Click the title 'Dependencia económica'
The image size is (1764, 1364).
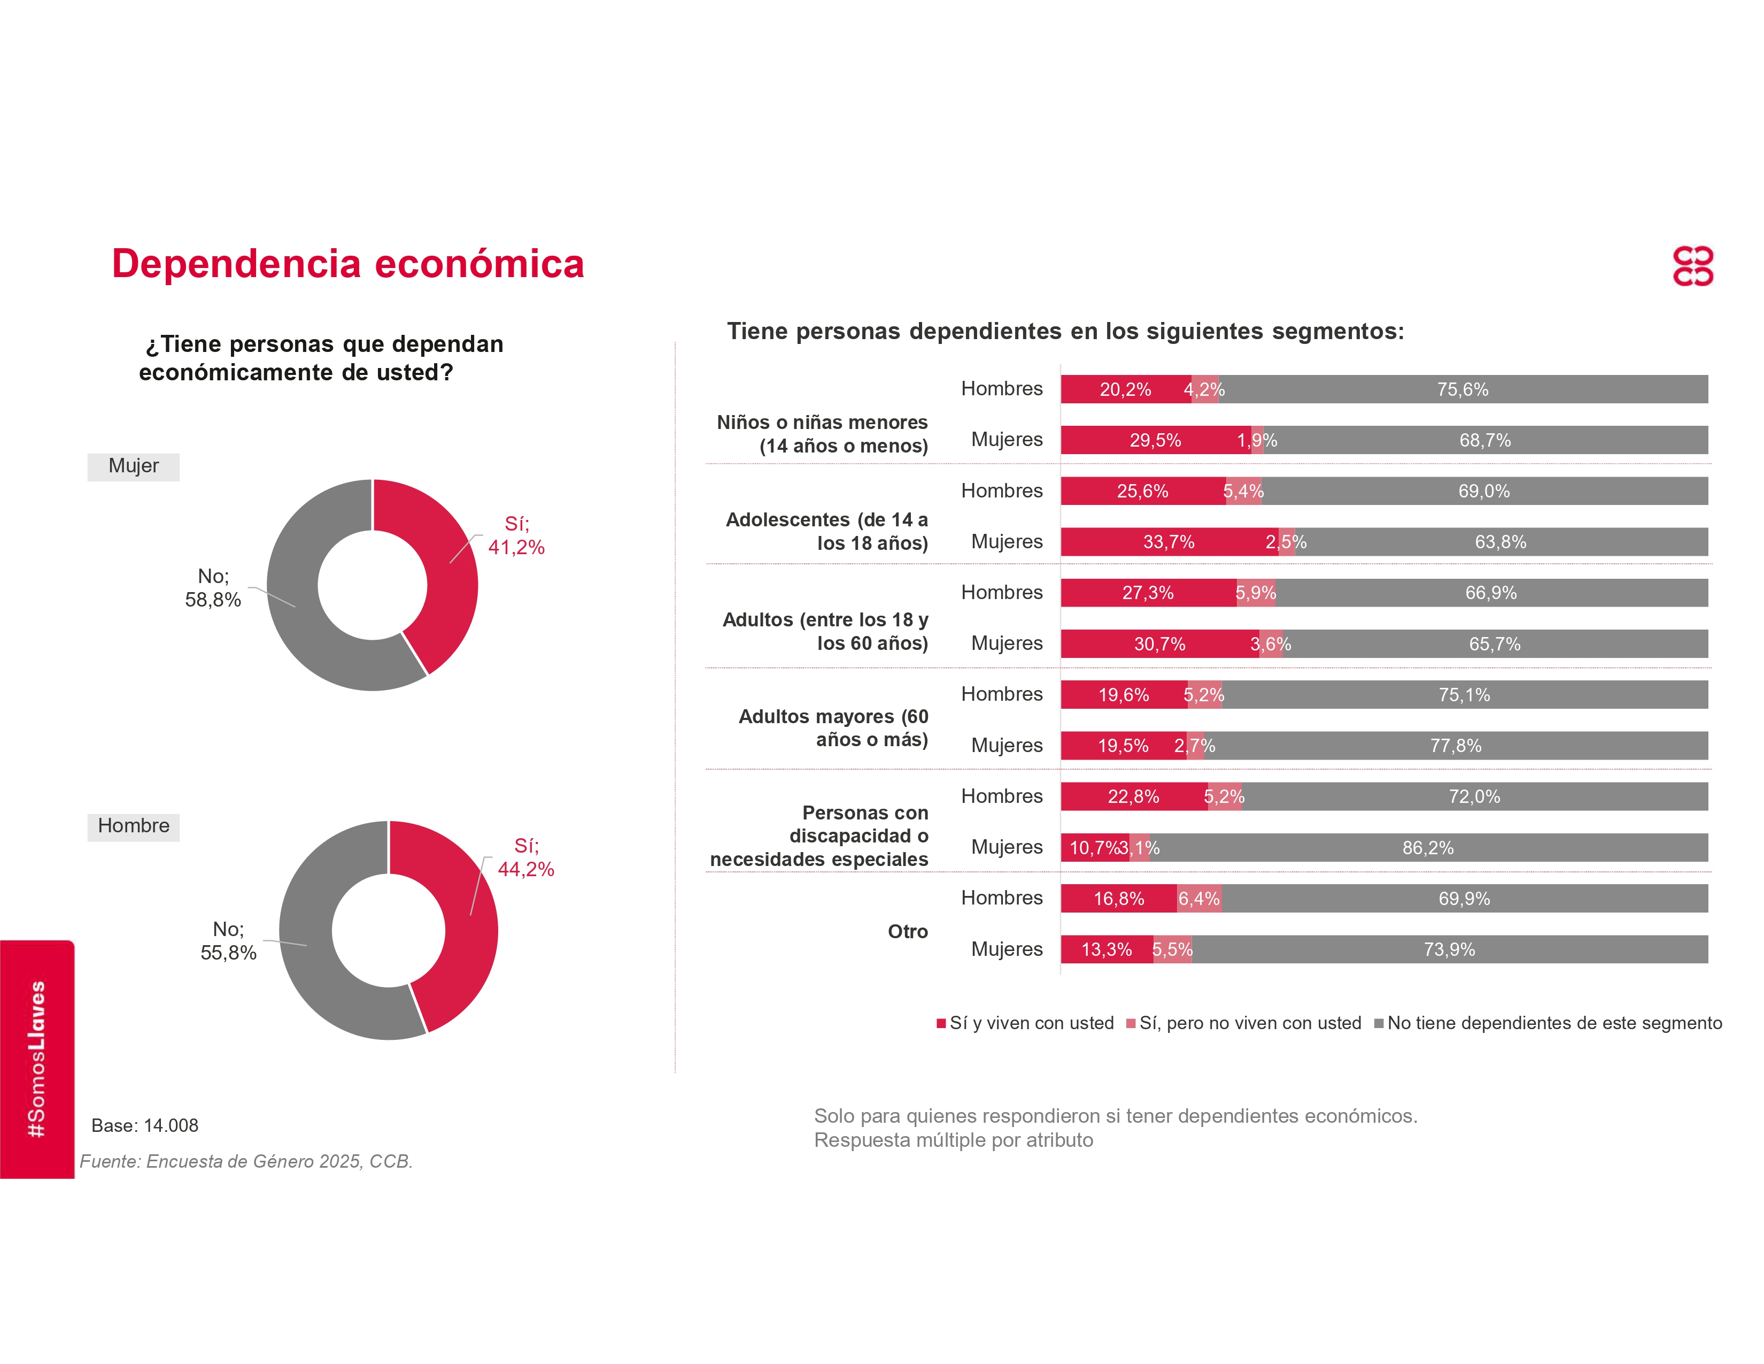(x=347, y=264)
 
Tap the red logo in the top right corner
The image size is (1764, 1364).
(x=1692, y=267)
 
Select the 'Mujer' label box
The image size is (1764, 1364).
(x=133, y=466)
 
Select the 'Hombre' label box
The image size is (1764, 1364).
(x=133, y=826)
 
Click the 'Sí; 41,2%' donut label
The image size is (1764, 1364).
(x=516, y=536)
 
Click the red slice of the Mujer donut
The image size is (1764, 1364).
(x=440, y=565)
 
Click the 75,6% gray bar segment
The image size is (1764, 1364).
(x=1462, y=389)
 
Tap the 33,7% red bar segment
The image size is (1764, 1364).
(x=1168, y=542)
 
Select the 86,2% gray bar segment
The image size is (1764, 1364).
(x=1427, y=848)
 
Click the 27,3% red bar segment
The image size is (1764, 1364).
(x=1148, y=593)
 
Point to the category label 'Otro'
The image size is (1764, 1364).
(x=907, y=932)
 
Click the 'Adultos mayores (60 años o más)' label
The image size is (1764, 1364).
(x=833, y=728)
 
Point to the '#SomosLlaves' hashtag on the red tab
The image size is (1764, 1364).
(x=36, y=1059)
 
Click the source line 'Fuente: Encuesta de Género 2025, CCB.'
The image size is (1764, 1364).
(x=246, y=1161)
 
